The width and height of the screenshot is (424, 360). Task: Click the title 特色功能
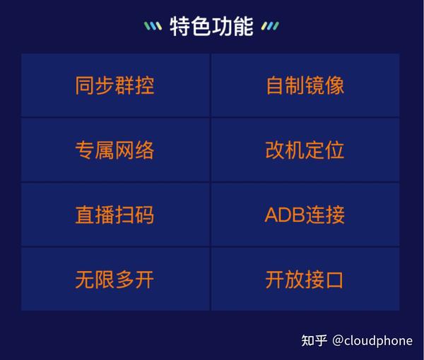tap(211, 26)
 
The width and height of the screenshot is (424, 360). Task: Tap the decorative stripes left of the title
tap(153, 26)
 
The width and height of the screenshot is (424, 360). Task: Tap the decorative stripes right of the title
tap(270, 26)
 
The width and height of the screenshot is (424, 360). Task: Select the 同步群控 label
tap(115, 85)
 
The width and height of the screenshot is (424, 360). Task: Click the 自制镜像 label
tap(305, 85)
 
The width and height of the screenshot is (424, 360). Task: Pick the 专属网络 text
tap(115, 150)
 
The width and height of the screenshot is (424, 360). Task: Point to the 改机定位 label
tap(305, 150)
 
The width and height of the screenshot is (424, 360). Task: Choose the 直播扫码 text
tap(115, 215)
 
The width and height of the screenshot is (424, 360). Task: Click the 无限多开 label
tap(115, 280)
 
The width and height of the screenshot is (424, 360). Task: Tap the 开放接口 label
tap(305, 280)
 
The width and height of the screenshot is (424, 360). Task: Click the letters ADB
tap(285, 215)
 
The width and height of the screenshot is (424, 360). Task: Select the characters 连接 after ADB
tap(325, 215)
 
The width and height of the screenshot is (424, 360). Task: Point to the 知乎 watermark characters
tap(314, 340)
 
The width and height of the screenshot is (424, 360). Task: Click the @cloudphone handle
tap(372, 341)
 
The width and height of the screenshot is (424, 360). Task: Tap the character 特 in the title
tap(179, 26)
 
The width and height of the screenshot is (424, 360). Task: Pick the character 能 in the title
tap(243, 26)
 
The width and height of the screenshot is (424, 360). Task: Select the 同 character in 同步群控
tap(85, 85)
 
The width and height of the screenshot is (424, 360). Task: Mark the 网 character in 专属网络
tap(124, 150)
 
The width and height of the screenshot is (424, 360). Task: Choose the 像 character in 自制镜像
tap(335, 85)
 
